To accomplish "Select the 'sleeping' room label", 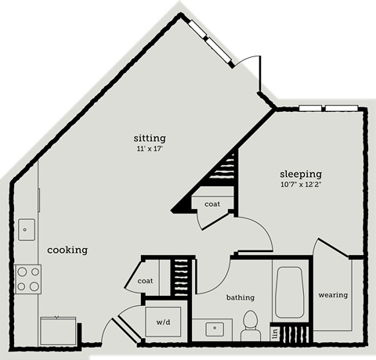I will [302, 174].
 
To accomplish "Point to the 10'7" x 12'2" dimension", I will [302, 185].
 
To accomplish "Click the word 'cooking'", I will [67, 250].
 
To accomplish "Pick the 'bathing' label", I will [240, 297].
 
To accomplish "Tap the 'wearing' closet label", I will [332, 295].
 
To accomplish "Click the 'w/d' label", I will [164, 321].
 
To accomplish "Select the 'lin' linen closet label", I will [275, 333].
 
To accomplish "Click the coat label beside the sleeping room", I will [212, 204].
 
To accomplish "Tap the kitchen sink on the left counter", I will [26, 230].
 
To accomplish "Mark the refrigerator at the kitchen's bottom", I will [59, 330].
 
